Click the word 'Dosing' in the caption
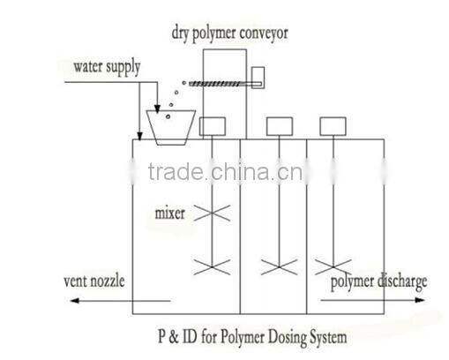click(x=285, y=336)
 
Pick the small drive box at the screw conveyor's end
click(x=258, y=78)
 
